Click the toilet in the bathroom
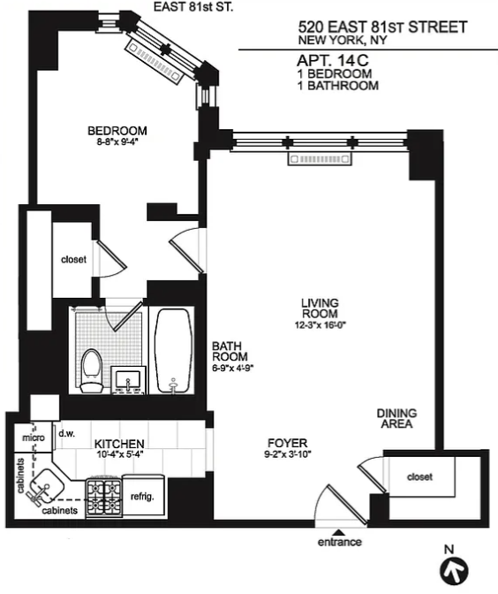pos(91,369)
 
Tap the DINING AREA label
pos(396,418)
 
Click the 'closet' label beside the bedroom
pos(73,260)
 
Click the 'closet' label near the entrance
pos(420,478)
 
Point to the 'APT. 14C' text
pos(334,60)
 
